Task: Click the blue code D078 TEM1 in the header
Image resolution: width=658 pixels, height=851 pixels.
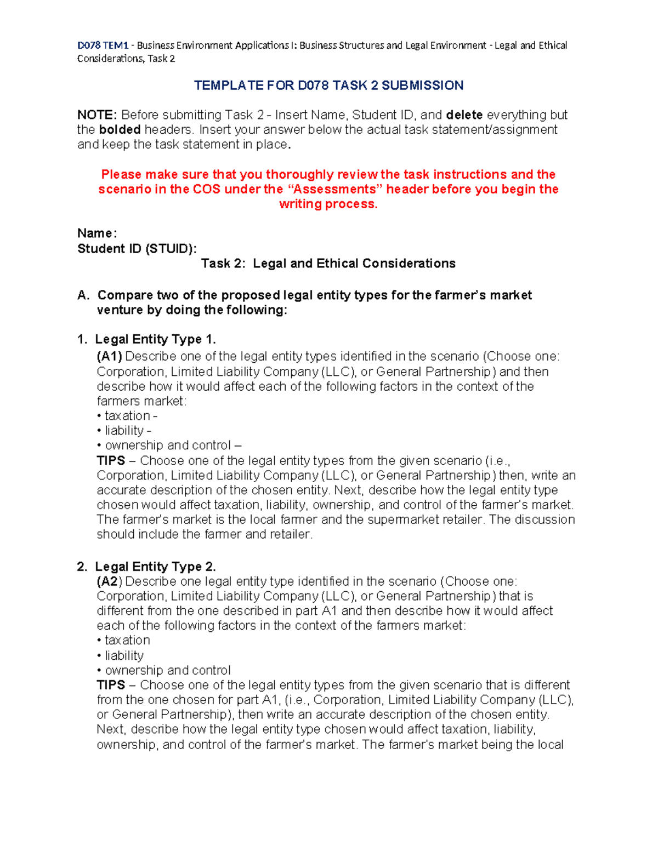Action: click(103, 45)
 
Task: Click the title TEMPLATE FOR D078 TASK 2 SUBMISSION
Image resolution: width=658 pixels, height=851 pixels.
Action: click(328, 85)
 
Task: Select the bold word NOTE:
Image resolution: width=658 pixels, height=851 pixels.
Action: click(97, 115)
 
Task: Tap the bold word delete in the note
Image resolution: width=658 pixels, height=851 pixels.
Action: click(464, 115)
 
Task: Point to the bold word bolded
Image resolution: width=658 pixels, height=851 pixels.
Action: click(120, 130)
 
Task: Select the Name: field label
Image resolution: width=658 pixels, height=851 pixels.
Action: click(97, 233)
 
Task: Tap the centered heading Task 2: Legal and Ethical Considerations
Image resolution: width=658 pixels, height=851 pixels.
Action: click(328, 264)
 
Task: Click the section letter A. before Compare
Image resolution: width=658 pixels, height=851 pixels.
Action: click(83, 295)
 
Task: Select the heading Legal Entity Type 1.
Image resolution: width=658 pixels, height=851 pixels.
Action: click(155, 340)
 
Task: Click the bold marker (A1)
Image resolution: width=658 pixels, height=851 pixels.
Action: click(109, 357)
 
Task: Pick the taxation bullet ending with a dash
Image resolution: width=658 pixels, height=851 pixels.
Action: click(131, 416)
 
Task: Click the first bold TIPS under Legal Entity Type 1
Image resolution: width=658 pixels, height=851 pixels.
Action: click(111, 461)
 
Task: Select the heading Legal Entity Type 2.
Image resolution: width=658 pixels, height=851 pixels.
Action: click(155, 567)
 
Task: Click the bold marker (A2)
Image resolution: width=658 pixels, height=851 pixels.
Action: click(109, 581)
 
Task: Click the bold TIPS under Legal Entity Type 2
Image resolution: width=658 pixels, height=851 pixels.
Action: click(111, 686)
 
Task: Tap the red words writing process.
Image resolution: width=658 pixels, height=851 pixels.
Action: click(328, 204)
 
